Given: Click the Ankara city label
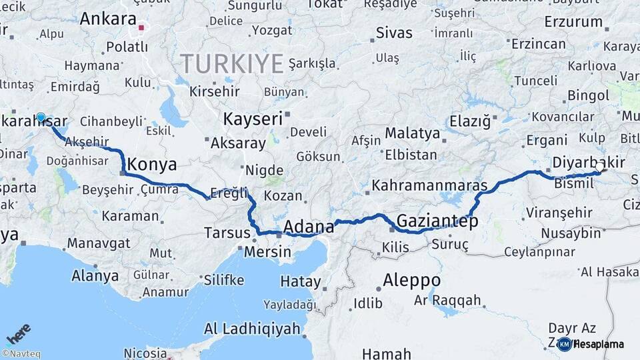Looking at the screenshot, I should pos(107,19).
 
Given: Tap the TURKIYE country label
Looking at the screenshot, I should pos(232,64).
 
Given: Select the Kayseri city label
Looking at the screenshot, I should pos(253,119).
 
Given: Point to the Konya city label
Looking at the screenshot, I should pos(151,165).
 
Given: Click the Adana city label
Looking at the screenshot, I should pos(309,227).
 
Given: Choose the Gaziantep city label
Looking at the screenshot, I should pos(437,221).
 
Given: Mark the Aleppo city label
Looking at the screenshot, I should pos(411,279).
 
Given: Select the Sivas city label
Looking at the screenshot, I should pos(394,32).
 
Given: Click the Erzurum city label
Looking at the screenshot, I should pos(573,22).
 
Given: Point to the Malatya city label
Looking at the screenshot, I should pos(412,133).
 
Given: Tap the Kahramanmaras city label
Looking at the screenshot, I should pos(429,185).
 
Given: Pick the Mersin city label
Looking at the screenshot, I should pos(267,252).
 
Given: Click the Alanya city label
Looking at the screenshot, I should pos(95,275).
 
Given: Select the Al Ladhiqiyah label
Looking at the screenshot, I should pos(251,329).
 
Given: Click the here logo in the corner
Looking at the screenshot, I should pos(19,333).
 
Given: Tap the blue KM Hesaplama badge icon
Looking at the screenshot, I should pos(564,344).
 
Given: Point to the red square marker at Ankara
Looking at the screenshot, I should pos(141,28).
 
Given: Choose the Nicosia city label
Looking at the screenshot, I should pos(145,352).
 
